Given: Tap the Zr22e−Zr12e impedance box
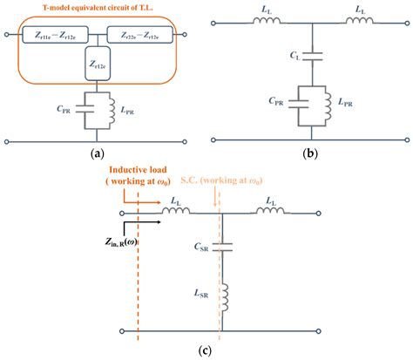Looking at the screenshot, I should coord(139,36).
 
